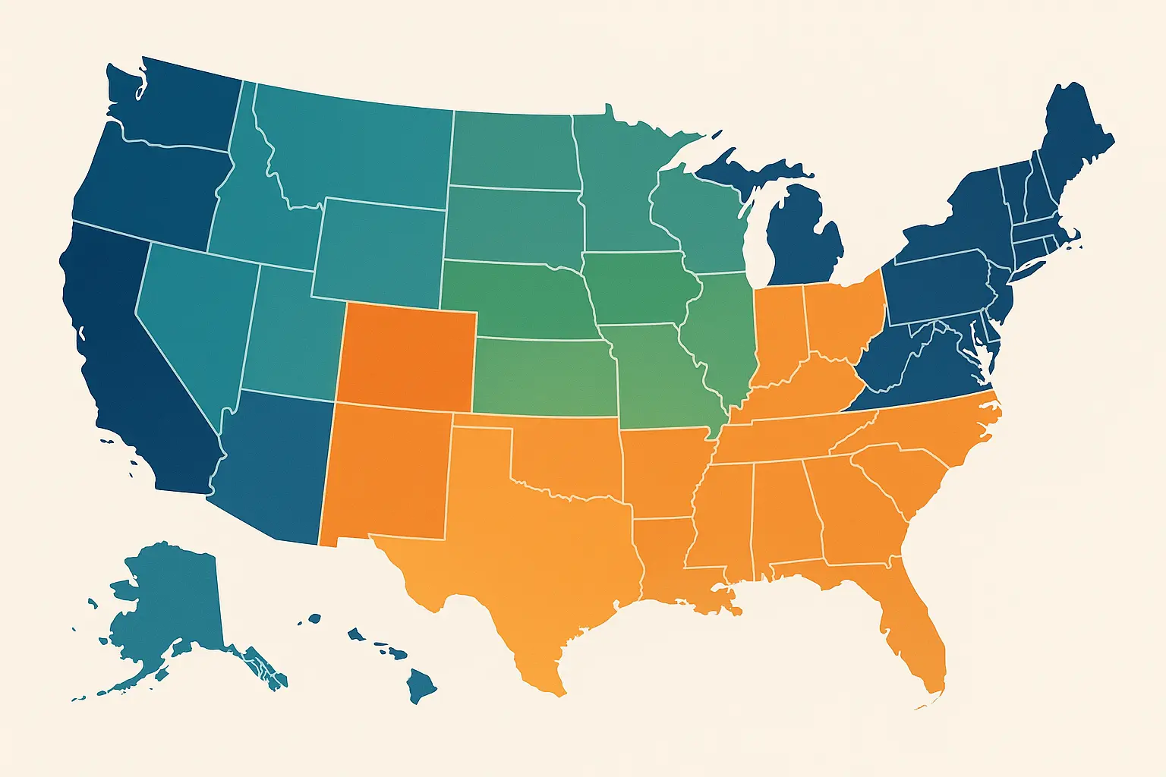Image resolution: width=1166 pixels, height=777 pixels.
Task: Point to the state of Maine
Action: (x=1074, y=137)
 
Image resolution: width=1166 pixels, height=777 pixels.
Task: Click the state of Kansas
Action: (x=543, y=376)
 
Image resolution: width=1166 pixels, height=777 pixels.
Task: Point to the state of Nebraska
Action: (x=516, y=300)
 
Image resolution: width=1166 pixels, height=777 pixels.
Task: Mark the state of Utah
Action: (x=292, y=334)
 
